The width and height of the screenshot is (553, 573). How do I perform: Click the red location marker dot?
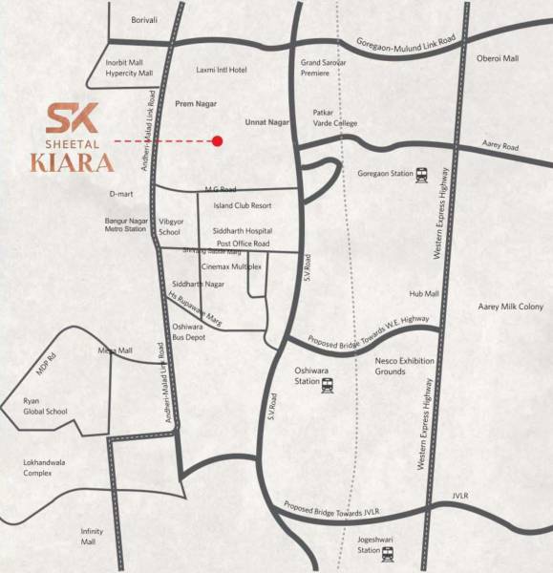pos(217,141)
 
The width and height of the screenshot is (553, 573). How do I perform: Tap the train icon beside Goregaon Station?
pos(421,175)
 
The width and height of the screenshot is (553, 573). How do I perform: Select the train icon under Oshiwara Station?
pos(327,385)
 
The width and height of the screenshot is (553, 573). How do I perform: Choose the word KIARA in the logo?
pos(72,160)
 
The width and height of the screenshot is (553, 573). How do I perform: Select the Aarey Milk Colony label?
pos(510,307)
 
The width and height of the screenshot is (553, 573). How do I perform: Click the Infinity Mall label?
pos(91,536)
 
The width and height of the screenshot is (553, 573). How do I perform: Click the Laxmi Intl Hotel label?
pos(222,70)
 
